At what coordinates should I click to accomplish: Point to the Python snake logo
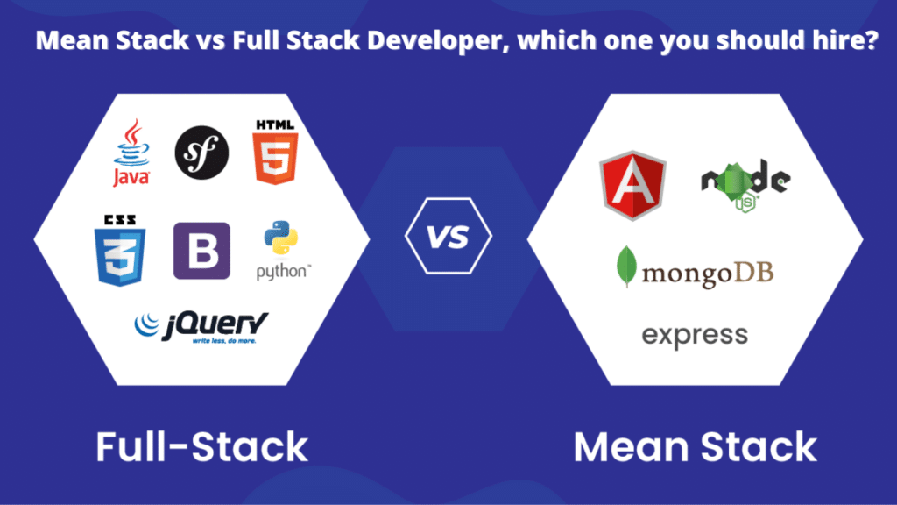click(x=280, y=239)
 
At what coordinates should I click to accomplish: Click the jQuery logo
click(x=201, y=326)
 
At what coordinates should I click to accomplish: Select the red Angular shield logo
click(x=632, y=187)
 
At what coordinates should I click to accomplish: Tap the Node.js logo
click(x=745, y=182)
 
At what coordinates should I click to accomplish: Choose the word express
click(x=695, y=334)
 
